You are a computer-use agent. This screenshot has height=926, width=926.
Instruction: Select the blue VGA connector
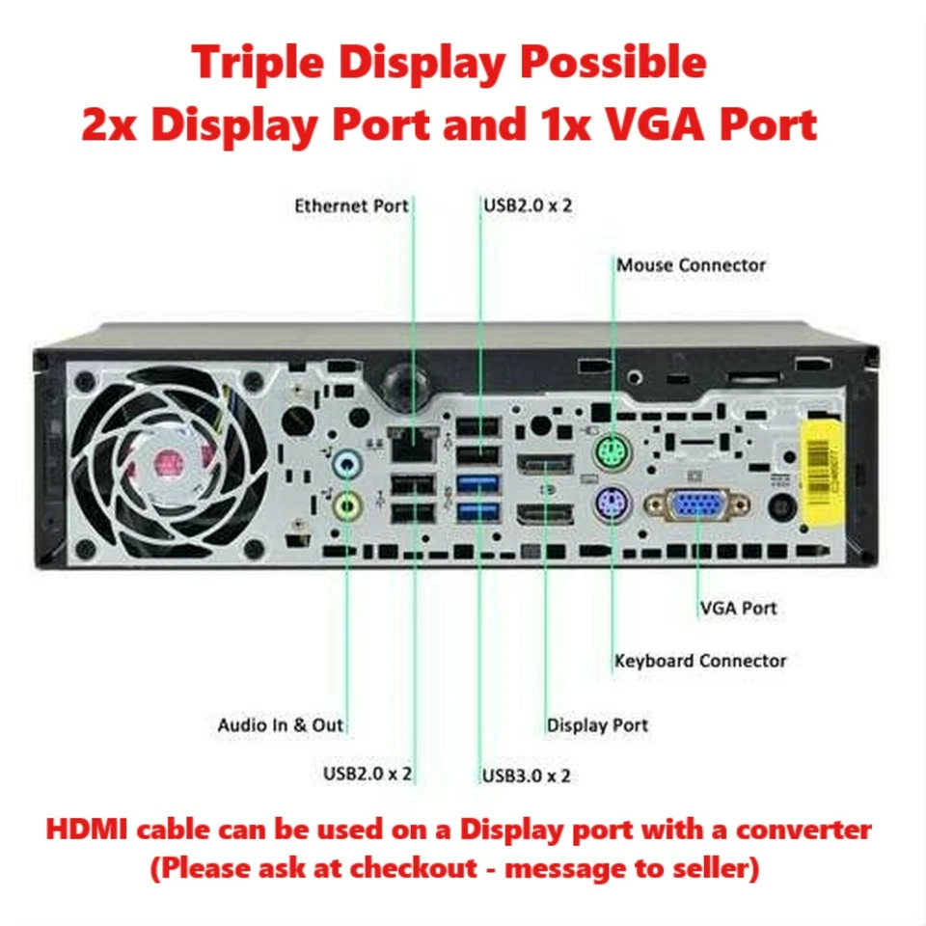(696, 506)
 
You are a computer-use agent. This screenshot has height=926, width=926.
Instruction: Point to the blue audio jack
(346, 467)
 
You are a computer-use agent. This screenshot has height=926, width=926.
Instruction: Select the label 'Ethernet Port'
(351, 205)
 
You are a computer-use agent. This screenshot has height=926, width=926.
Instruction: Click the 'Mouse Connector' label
(691, 264)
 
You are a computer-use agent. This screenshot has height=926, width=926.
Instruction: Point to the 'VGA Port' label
(738, 608)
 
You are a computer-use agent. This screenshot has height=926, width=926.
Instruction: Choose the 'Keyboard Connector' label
(700, 661)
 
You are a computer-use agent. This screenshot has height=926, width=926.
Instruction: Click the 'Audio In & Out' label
(280, 725)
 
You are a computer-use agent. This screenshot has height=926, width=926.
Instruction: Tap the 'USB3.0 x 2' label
(527, 775)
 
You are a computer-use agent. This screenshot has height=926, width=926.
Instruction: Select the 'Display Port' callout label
(597, 725)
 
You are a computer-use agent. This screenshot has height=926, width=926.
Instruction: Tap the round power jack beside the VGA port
(778, 506)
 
